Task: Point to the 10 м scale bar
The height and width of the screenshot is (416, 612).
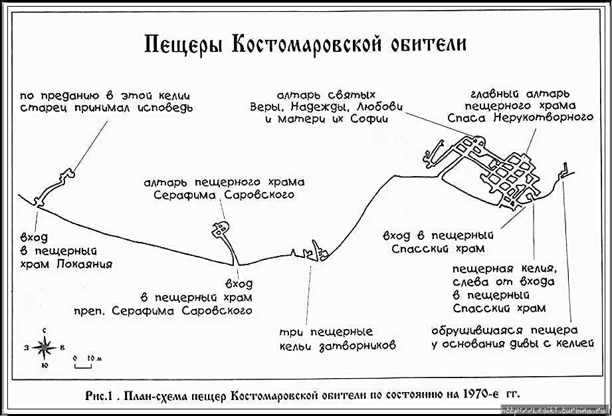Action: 82,363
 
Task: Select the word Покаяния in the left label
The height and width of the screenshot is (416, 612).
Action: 84,264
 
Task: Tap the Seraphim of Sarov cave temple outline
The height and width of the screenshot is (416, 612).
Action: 221,230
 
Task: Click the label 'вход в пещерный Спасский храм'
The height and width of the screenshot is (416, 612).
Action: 438,242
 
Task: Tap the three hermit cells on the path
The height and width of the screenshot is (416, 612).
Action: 309,253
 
